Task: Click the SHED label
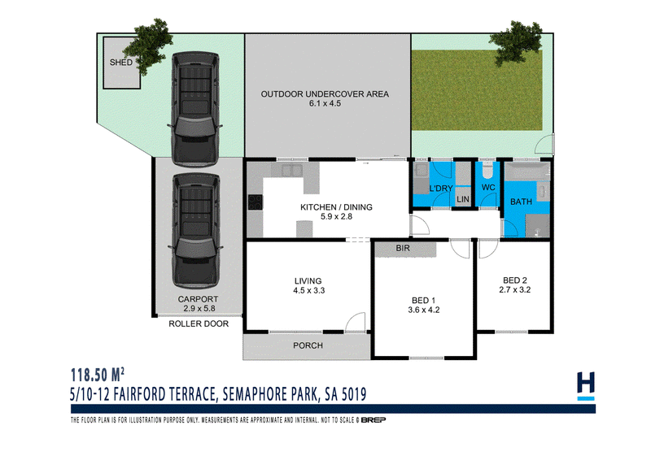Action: coord(120,63)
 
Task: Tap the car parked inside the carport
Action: coord(195,231)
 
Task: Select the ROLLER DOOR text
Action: coord(199,323)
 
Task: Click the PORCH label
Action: coord(308,345)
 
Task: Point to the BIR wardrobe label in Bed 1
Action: coord(403,248)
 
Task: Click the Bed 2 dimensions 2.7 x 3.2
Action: coord(515,290)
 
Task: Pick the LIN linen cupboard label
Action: coord(463,199)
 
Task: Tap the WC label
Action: coord(488,188)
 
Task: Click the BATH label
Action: coord(521,202)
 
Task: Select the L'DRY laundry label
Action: coord(441,189)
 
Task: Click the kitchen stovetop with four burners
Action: coord(256,202)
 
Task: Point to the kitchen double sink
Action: coord(292,170)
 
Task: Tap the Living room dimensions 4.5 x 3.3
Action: coord(309,291)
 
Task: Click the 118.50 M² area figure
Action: coord(98,375)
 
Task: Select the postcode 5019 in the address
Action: coord(354,394)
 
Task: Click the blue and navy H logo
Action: coord(586,386)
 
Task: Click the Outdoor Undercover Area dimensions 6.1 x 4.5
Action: coord(325,103)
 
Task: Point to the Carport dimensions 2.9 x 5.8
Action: coord(199,308)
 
